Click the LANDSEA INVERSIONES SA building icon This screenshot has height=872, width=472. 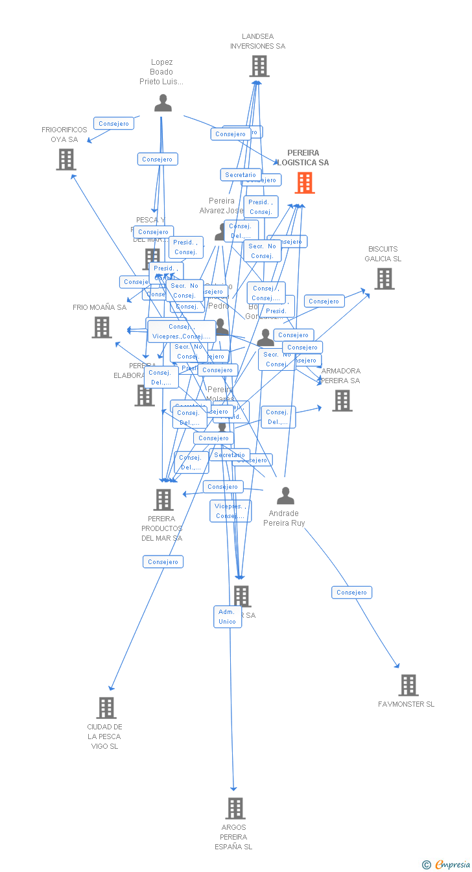[x=259, y=66]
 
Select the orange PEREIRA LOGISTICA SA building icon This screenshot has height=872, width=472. [x=304, y=183]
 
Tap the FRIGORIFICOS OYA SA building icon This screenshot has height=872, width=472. [x=65, y=159]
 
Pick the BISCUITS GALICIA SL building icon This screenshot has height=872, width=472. [x=384, y=279]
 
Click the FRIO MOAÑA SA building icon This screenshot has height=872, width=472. [x=102, y=327]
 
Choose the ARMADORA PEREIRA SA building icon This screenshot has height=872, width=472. [x=342, y=401]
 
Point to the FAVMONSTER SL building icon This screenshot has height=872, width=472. [x=408, y=685]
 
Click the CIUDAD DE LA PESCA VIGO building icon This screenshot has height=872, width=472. [x=106, y=708]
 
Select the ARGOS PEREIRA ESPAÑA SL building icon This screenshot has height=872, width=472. [x=235, y=808]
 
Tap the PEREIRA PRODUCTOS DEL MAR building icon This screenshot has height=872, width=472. [x=163, y=500]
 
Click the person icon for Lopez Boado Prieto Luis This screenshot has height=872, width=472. [x=163, y=103]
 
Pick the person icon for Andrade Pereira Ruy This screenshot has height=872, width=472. [x=285, y=496]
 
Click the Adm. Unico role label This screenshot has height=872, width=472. [x=228, y=617]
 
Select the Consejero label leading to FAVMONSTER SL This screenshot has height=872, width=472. [x=351, y=592]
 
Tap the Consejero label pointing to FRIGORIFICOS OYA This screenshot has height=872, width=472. [x=113, y=123]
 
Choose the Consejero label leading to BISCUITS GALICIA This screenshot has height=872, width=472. [x=324, y=301]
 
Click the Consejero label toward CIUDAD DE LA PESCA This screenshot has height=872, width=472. [x=163, y=561]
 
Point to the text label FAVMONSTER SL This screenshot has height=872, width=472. [x=406, y=704]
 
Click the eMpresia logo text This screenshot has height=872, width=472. [x=452, y=864]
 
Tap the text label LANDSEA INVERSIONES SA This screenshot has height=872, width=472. [x=257, y=41]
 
